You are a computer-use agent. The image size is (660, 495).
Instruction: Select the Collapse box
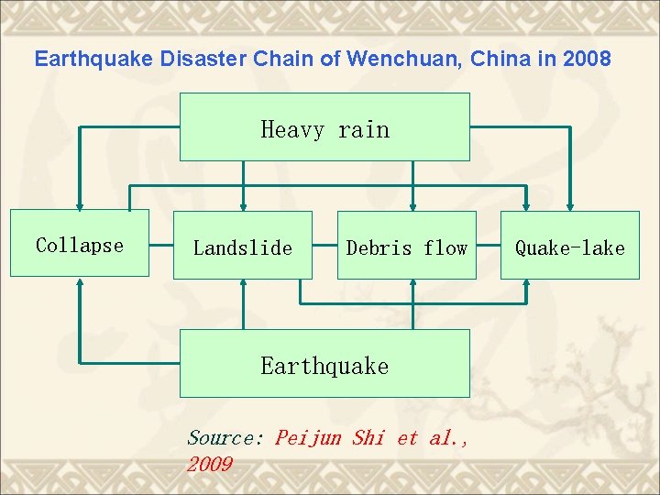pos(80,244)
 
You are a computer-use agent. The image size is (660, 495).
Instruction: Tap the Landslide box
pos(243,246)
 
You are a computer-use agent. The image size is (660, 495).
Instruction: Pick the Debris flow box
pos(407,246)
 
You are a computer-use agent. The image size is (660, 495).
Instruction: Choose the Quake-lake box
pos(569,246)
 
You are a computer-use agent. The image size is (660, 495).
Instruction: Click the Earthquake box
pos(324,364)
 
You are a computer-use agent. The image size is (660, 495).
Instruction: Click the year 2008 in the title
pos(588,60)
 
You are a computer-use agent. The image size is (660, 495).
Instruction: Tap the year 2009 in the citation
pos(209,465)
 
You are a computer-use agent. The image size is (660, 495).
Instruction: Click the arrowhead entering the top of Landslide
pos(243,206)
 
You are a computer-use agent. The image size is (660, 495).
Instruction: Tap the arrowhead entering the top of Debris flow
pos(413,206)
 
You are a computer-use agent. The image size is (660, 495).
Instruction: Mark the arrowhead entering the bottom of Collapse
pos(81,282)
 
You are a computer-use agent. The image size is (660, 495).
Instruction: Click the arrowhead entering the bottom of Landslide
pos(243,283)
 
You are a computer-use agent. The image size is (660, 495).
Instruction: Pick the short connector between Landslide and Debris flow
pos(325,246)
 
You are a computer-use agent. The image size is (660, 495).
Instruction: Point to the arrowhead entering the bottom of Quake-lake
pos(526,283)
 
